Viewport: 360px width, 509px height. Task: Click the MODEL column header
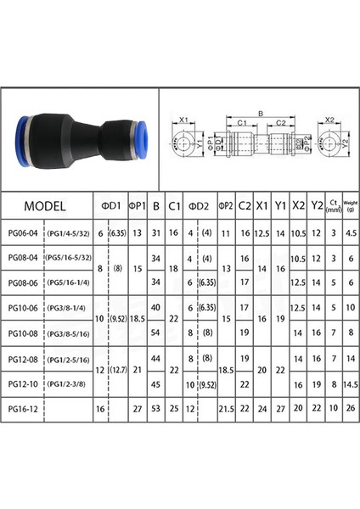pos(46,205)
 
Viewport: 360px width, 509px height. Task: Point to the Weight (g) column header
pos(351,205)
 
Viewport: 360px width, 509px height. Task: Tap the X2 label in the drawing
pos(330,120)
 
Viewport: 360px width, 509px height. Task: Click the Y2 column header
pos(317,205)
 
